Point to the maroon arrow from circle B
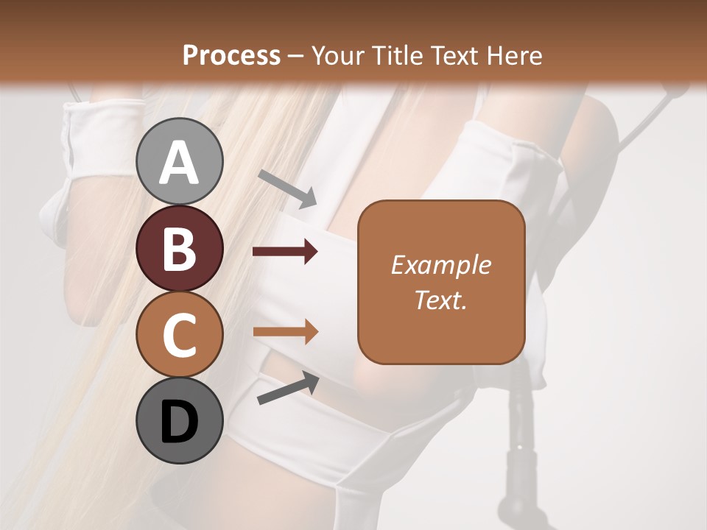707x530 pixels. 284,252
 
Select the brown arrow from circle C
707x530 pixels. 284,332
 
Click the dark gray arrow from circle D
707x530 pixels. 288,389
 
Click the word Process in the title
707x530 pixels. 231,55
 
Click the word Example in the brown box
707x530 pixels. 440,265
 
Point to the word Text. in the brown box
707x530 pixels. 440,300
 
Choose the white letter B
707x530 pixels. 179,249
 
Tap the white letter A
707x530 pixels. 179,163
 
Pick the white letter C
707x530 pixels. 179,335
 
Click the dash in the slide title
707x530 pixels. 296,56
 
